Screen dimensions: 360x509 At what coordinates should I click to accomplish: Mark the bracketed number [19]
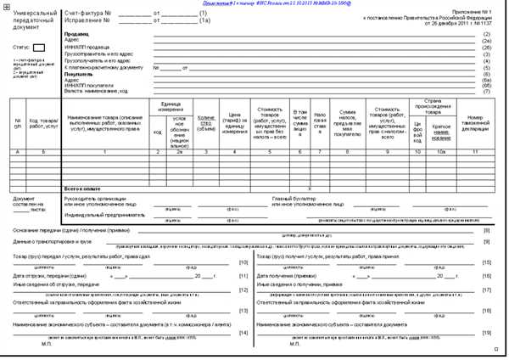[x=486, y=332]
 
